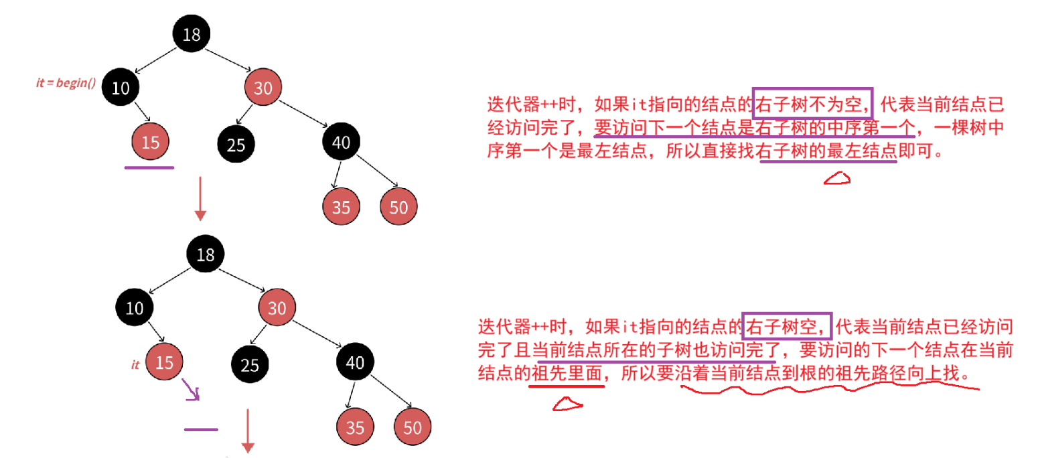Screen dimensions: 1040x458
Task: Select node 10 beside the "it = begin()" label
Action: [121, 88]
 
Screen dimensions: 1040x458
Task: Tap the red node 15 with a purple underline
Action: [151, 142]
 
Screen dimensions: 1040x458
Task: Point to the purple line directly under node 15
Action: [149, 167]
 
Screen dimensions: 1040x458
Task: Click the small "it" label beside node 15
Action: [135, 365]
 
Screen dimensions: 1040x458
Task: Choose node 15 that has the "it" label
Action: [165, 363]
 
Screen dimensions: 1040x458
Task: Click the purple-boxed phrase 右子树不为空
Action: [812, 104]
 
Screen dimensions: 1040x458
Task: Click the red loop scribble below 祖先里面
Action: [567, 404]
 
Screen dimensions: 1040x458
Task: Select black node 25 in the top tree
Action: [236, 145]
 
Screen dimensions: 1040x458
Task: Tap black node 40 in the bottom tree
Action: [356, 363]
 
